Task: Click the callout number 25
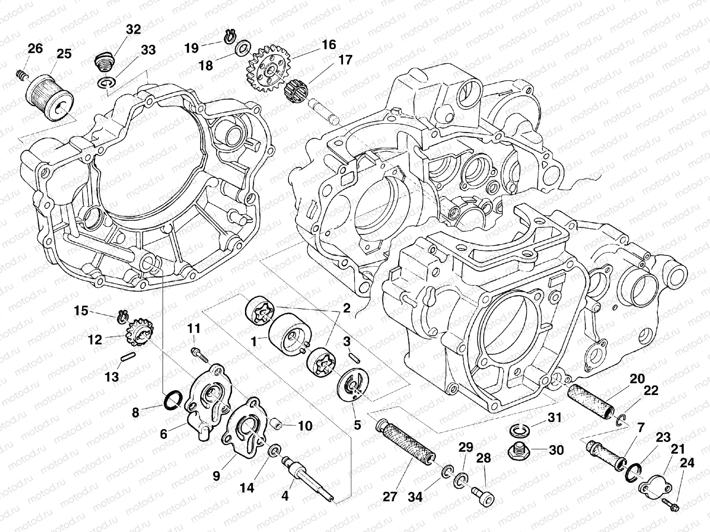64,54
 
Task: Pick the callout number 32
133,30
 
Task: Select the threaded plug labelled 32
104,63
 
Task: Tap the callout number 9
216,476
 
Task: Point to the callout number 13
112,377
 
